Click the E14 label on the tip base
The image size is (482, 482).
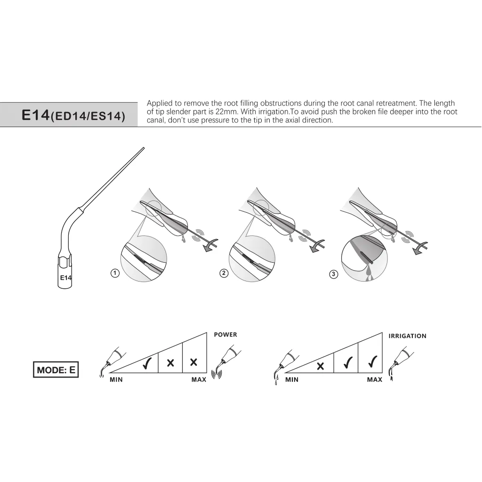66,278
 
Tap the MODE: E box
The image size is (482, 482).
56,370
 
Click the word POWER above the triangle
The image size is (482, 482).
225,335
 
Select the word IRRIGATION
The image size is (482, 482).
407,336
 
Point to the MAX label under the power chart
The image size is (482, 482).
199,380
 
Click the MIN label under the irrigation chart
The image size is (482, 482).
292,380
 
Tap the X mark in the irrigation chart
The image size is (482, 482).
320,366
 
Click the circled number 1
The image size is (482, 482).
115,273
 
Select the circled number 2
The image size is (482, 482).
224,273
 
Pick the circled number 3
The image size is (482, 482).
334,274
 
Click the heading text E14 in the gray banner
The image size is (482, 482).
36,115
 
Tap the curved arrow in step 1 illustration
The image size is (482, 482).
210,245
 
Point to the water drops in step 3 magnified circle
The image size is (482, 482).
368,273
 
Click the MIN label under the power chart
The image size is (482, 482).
116,380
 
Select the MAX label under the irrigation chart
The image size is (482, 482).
374,380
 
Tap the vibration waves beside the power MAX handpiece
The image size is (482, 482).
217,374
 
